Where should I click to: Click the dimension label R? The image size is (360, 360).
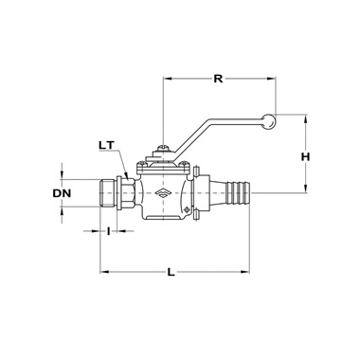(218, 79)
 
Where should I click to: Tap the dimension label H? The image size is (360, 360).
(305, 156)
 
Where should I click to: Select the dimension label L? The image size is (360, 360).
(171, 272)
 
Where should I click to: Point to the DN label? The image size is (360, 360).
(62, 193)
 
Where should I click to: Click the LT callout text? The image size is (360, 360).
(107, 145)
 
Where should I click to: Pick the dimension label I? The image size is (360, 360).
(108, 231)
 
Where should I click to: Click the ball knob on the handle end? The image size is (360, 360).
(268, 121)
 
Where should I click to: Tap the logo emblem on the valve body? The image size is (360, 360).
(163, 193)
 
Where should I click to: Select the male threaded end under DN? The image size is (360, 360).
(108, 193)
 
